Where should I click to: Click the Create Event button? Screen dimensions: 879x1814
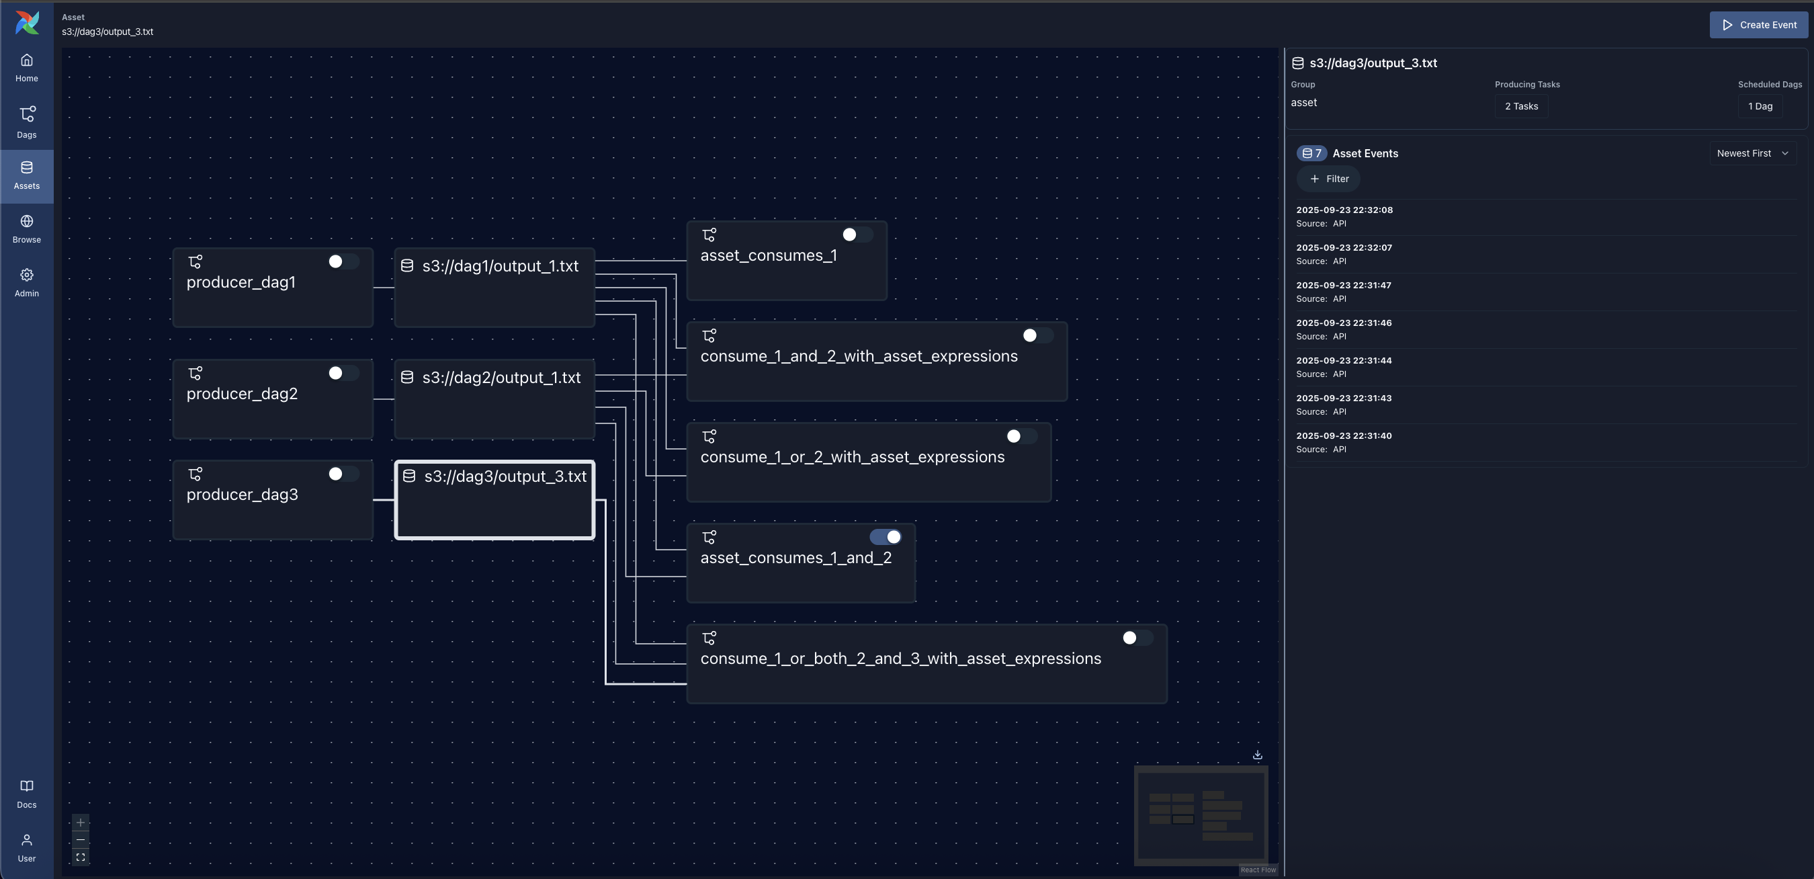(x=1758, y=25)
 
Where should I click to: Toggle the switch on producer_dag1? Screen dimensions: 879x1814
(x=343, y=262)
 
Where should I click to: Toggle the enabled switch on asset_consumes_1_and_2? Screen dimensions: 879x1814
(x=886, y=538)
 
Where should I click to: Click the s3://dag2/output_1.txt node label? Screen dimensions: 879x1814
(x=501, y=378)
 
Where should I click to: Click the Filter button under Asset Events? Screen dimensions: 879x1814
(x=1328, y=179)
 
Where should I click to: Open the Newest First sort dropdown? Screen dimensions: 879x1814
(x=1752, y=153)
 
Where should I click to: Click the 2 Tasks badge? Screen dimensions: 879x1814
(x=1521, y=106)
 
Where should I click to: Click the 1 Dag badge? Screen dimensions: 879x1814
(x=1759, y=106)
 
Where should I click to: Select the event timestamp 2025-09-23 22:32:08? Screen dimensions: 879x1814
(x=1344, y=210)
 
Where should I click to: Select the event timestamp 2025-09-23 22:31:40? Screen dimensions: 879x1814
(x=1344, y=436)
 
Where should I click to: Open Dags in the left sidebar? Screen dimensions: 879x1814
(x=27, y=122)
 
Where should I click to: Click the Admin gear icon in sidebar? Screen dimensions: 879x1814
(x=27, y=276)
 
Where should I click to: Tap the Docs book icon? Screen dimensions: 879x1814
(x=27, y=787)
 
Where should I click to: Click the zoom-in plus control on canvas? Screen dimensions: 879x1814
(x=80, y=823)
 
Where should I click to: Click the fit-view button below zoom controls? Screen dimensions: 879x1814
(x=80, y=858)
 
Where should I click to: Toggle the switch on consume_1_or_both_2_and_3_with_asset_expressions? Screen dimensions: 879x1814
(x=1136, y=638)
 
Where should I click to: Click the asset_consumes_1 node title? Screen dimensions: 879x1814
(x=769, y=255)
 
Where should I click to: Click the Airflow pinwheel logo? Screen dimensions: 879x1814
(x=27, y=23)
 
